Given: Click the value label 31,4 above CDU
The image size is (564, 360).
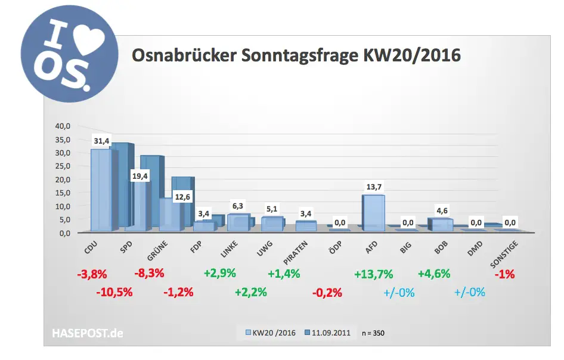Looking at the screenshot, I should [101, 140].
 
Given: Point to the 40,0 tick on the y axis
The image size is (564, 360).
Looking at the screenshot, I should [63, 126].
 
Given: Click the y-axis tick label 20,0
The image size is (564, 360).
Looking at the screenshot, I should [63, 179].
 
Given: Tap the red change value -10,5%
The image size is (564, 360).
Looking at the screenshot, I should [114, 292].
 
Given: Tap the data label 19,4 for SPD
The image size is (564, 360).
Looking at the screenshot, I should [141, 177].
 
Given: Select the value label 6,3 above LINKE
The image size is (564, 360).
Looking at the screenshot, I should [238, 206].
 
